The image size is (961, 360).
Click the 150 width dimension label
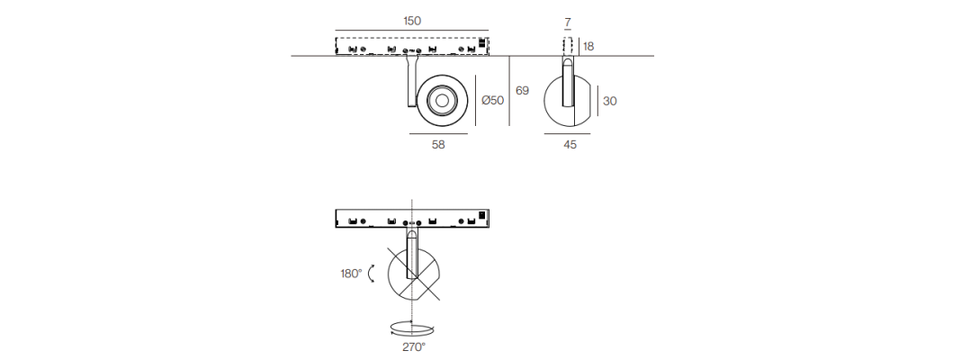click(x=412, y=21)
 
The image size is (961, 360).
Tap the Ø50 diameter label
click(x=493, y=100)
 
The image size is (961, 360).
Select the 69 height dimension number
click(x=522, y=91)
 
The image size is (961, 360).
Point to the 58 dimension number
click(x=438, y=145)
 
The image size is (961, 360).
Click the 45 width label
click(x=570, y=145)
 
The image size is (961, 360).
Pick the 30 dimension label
click(x=610, y=101)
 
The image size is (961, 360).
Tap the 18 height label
click(x=588, y=46)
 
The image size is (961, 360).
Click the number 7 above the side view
click(x=568, y=22)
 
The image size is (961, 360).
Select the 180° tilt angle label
click(x=351, y=274)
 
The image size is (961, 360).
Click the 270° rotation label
click(x=414, y=347)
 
